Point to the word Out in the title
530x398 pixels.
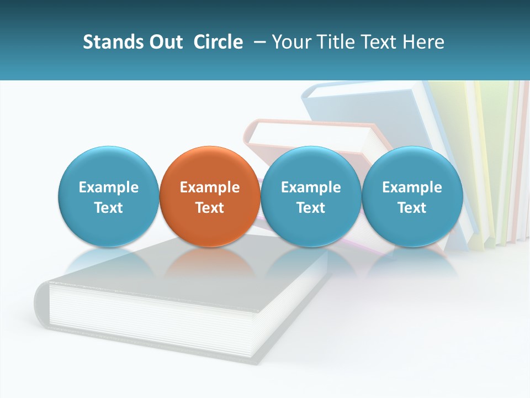pyautogui.click(x=165, y=42)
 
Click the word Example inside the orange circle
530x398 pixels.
pyautogui.click(x=210, y=187)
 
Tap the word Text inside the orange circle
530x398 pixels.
pyautogui.click(x=210, y=208)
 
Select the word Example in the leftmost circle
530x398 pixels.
pyautogui.click(x=109, y=187)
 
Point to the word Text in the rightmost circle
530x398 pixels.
pyautogui.click(x=412, y=208)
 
